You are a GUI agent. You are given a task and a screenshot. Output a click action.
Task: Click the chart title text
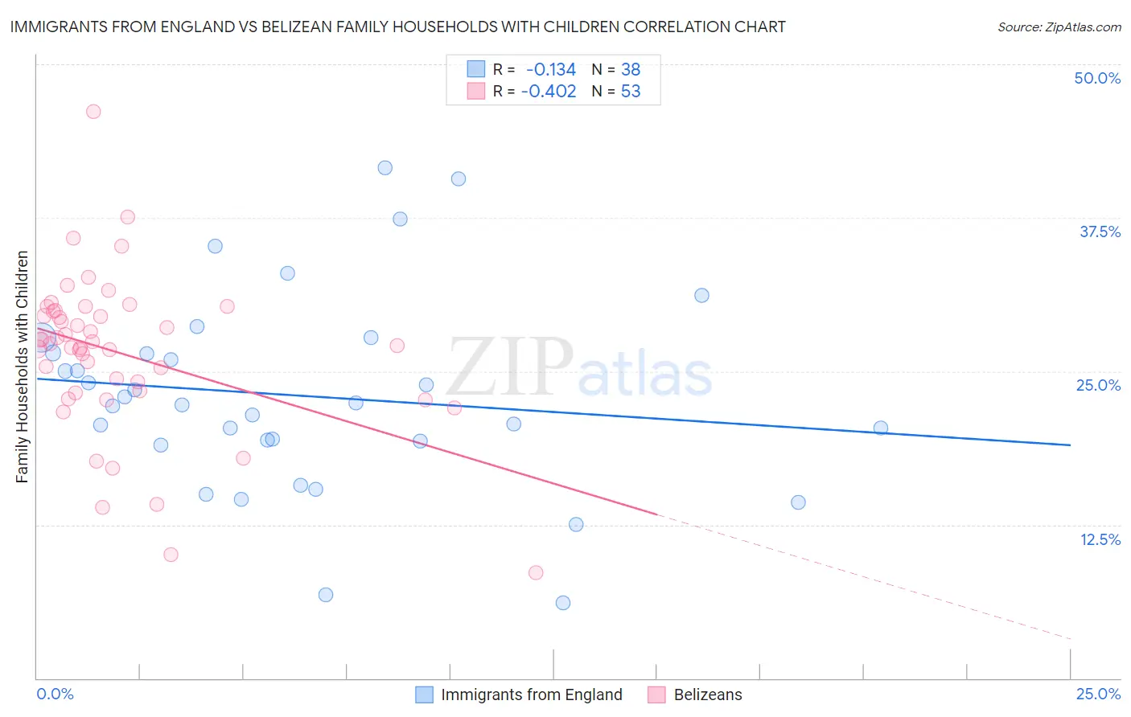pos(397,27)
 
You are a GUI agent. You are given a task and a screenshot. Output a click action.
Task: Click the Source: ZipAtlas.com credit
pos(1059,27)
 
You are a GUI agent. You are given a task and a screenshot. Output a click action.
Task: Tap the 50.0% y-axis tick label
pos(1097,78)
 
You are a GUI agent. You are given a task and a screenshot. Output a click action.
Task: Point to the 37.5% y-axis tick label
pos(1100,231)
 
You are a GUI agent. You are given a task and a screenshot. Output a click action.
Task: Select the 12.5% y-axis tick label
pos(1100,539)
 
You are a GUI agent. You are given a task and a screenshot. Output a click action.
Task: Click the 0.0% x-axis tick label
pos(55,694)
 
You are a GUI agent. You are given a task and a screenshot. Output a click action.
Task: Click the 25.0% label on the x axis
pos(1098,694)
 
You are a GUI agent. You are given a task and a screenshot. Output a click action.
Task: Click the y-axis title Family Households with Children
pos(23,367)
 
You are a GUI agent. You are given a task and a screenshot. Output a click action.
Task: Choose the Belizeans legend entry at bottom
pos(707,694)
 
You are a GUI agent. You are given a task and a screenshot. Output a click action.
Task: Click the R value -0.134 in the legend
pos(550,70)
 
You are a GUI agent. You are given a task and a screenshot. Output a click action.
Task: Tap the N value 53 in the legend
pos(631,92)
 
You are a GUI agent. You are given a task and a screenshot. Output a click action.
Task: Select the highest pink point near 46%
pos(93,112)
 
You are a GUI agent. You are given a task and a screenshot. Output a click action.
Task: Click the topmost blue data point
pos(385,168)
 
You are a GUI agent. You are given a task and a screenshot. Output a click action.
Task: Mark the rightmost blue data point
pos(881,428)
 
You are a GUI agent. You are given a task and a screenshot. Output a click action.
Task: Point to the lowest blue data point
pos(563,603)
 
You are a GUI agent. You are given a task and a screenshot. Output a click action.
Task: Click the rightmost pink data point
pos(536,572)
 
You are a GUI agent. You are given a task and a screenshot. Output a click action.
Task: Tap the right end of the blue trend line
pos(1070,445)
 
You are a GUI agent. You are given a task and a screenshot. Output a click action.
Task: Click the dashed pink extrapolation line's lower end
pos(1070,639)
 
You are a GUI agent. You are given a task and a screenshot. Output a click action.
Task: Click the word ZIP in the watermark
pos(510,367)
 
